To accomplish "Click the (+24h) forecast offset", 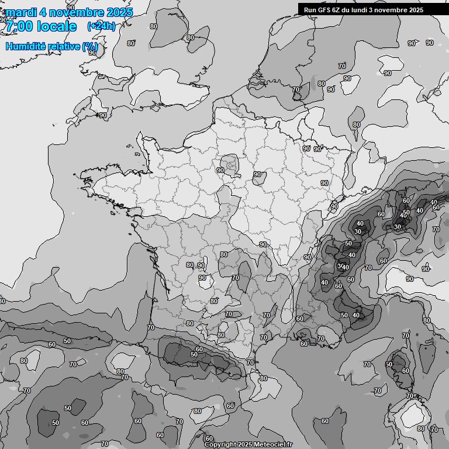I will (101, 26).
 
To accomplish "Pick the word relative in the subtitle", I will (64, 46).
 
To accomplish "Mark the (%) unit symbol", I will (89, 46).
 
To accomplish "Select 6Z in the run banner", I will (340, 9).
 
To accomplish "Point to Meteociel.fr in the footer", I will (273, 444).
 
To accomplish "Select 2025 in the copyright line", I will (246, 444).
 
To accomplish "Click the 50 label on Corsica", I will (389, 364).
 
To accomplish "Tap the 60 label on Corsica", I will (406, 371).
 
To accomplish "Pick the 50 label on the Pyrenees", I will (194, 355).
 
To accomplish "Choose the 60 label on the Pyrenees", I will (199, 349).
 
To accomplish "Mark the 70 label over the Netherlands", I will (296, 89).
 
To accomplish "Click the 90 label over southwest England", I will (103, 115).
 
